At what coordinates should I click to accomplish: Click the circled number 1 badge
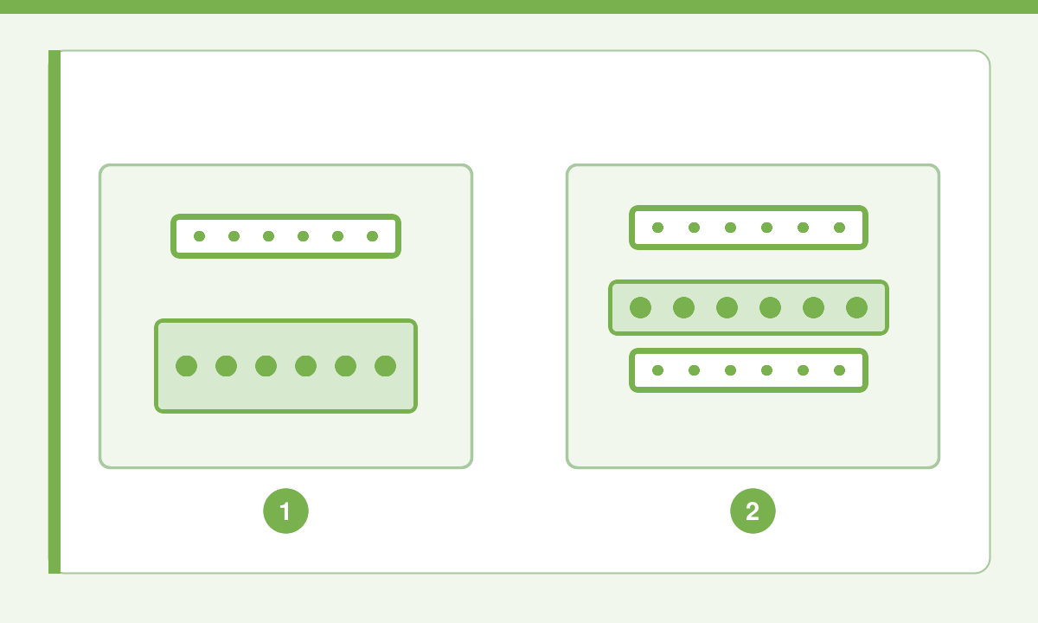(x=286, y=511)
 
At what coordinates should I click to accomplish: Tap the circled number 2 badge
(x=753, y=511)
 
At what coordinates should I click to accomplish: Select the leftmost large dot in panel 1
(x=186, y=366)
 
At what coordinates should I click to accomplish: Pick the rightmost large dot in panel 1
(x=385, y=366)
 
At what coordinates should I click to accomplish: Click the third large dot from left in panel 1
(x=266, y=366)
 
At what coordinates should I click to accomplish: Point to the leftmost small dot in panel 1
(x=199, y=236)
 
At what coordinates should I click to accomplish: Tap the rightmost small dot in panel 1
(x=372, y=236)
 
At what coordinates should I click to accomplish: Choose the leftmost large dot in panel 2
(x=640, y=307)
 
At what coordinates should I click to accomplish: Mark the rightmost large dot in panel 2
(x=856, y=307)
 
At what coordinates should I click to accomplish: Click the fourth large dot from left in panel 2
(x=770, y=307)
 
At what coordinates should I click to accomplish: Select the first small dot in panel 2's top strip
(x=657, y=228)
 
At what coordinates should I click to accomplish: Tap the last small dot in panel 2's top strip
(x=839, y=228)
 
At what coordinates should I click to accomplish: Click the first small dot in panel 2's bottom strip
(x=657, y=370)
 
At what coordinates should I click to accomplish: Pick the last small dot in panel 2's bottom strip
(x=839, y=370)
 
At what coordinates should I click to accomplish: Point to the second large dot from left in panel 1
(x=226, y=366)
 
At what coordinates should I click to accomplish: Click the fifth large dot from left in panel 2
(x=813, y=307)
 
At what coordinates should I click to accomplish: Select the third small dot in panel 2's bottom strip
(x=730, y=370)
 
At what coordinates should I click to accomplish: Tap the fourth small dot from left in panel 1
(x=303, y=236)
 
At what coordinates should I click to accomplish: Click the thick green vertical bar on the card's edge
(x=54, y=312)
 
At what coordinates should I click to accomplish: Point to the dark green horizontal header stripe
(x=519, y=7)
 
